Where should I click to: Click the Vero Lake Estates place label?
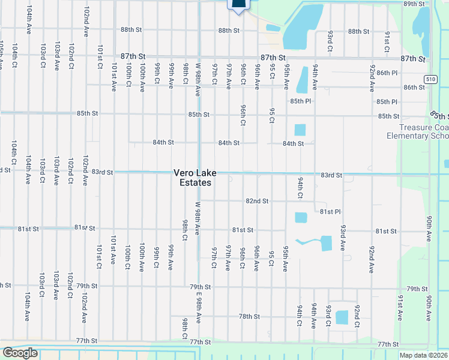192,178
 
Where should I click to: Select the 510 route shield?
430,79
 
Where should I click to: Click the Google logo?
20,353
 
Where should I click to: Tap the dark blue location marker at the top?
238,5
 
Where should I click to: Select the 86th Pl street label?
387,73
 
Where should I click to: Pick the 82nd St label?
257,201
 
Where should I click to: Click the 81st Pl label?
330,212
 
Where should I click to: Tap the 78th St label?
249,316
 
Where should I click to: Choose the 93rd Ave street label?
343,238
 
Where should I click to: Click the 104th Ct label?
13,154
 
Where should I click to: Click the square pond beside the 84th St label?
300,130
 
